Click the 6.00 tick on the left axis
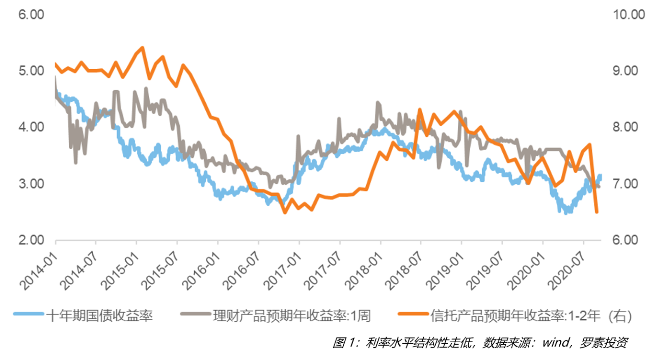[31, 15]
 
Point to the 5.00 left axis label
[31, 71]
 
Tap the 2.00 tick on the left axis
[31, 240]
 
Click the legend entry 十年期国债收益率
[99, 316]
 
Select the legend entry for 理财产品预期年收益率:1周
[291, 316]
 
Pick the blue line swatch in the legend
[28, 316]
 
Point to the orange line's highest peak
[142, 48]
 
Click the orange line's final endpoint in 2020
[596, 212]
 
